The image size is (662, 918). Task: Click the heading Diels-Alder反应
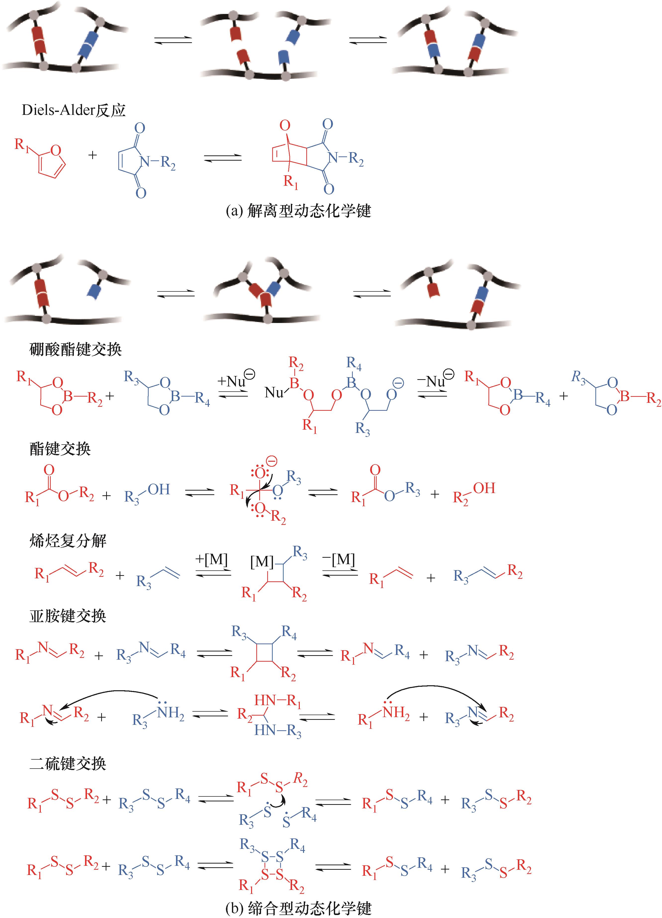(74, 110)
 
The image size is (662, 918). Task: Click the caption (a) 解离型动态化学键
(298, 211)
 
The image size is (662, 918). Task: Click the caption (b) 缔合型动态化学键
(298, 909)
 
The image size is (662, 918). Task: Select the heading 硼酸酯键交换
(76, 349)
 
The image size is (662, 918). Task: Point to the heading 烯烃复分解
(68, 541)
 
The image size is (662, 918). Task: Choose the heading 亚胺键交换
(68, 616)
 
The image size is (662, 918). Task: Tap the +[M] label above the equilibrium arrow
(212, 559)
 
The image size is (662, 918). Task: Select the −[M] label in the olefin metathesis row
(339, 559)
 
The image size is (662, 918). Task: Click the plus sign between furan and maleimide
(93, 155)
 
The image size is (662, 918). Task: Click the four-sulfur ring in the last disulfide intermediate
(272, 865)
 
